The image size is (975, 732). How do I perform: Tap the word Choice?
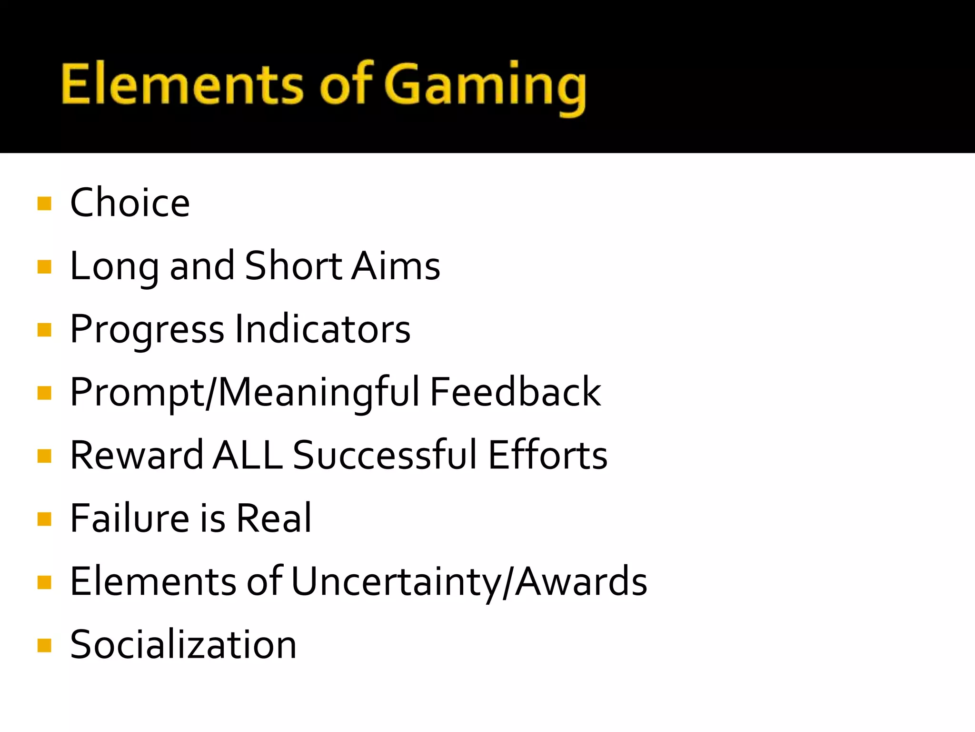[x=130, y=203]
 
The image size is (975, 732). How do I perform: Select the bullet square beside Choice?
[x=44, y=203]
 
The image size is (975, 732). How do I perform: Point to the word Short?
[x=293, y=265]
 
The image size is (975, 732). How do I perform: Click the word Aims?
[x=396, y=265]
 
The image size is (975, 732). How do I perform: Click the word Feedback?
[x=515, y=392]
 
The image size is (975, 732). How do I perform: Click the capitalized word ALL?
[x=248, y=455]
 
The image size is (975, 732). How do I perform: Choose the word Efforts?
[x=547, y=455]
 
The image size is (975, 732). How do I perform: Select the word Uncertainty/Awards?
[x=469, y=581]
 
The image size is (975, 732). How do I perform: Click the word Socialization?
[x=183, y=644]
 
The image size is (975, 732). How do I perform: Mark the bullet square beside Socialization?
[x=44, y=645]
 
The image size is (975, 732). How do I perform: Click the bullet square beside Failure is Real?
[x=44, y=519]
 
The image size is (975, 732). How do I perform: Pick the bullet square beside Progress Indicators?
[x=44, y=330]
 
